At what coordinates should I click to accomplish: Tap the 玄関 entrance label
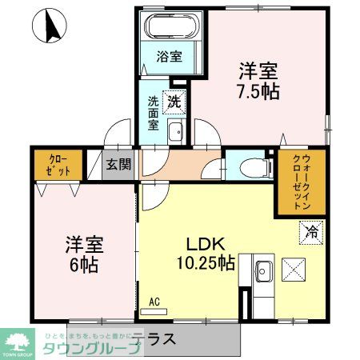[x=118, y=166]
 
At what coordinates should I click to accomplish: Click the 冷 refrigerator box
[x=312, y=232]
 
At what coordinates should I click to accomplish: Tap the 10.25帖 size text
[x=206, y=262]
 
